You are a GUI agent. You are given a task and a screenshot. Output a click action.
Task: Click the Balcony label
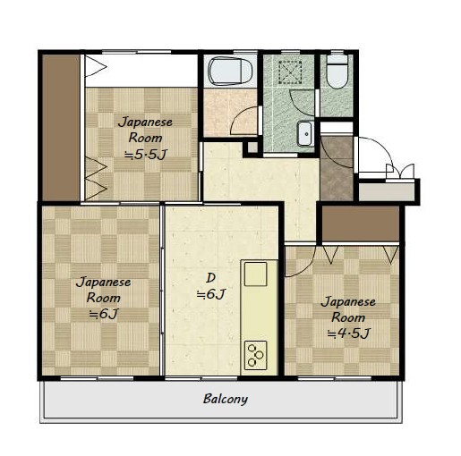226,399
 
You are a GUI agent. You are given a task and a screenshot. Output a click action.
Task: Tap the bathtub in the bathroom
230,72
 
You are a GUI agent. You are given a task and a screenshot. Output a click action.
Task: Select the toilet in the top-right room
337,72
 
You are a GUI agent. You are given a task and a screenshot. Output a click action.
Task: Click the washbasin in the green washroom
305,133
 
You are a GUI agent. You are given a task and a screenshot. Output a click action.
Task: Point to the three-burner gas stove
255,355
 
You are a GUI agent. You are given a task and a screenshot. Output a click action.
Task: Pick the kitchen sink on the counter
255,274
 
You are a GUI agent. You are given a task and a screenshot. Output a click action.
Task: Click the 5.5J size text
146,155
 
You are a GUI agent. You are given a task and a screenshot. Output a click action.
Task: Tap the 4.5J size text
348,334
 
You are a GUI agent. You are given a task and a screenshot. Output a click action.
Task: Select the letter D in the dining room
210,278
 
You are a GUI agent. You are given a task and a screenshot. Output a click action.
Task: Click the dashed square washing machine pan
290,72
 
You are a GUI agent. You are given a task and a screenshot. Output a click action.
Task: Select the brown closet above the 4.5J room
361,224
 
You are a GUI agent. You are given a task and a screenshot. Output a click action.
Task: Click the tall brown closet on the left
61,128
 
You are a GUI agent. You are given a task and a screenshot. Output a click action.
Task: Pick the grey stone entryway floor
337,169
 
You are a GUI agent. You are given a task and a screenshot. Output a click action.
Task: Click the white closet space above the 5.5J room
141,71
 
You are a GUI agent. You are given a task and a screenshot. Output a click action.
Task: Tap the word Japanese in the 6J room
104,282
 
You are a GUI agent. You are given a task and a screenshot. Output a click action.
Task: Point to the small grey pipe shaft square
252,148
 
